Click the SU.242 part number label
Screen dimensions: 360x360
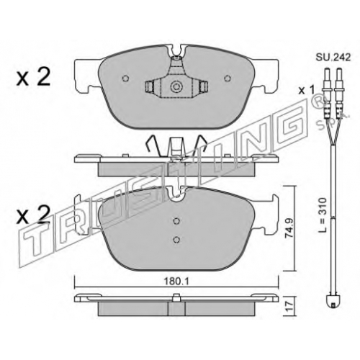333,58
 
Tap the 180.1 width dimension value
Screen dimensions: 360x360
176,282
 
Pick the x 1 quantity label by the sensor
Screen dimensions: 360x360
306,91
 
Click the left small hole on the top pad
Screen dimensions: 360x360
125,78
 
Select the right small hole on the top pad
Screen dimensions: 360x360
228,78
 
